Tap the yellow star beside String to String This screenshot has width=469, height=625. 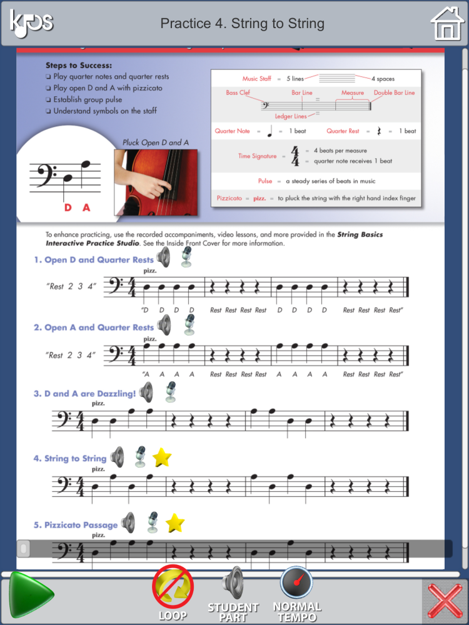[162, 458]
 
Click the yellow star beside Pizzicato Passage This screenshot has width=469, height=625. [174, 522]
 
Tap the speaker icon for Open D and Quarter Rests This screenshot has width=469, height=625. [163, 257]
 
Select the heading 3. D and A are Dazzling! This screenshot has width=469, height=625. [84, 394]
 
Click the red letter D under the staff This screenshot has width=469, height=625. [68, 207]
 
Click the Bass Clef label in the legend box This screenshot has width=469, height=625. [238, 92]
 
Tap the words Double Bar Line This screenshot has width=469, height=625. [394, 92]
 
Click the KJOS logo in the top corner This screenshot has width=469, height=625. [31, 22]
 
